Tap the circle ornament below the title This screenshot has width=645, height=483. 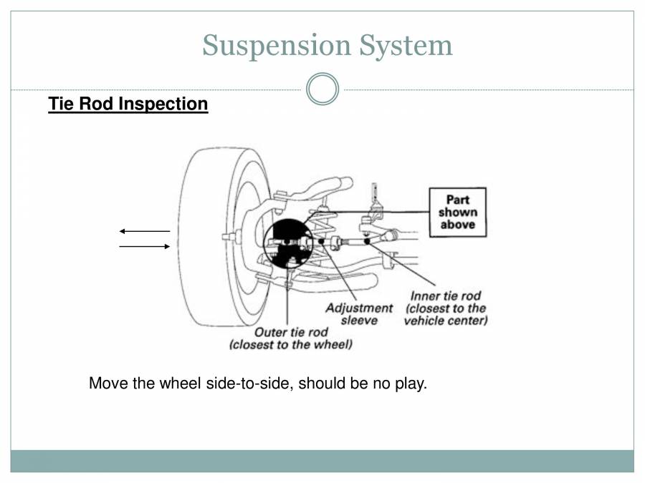click(322, 89)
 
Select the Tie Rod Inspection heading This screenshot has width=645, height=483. click(128, 104)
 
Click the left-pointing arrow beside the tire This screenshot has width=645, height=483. click(144, 231)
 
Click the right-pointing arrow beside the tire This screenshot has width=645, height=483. click(144, 247)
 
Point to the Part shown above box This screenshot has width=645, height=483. click(457, 213)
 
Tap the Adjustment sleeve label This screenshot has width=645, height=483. click(359, 314)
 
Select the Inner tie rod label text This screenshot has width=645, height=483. click(445, 296)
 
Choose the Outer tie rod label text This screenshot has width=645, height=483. click(291, 333)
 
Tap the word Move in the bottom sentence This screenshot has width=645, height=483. click(106, 384)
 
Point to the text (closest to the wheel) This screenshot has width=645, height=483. click(291, 345)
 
